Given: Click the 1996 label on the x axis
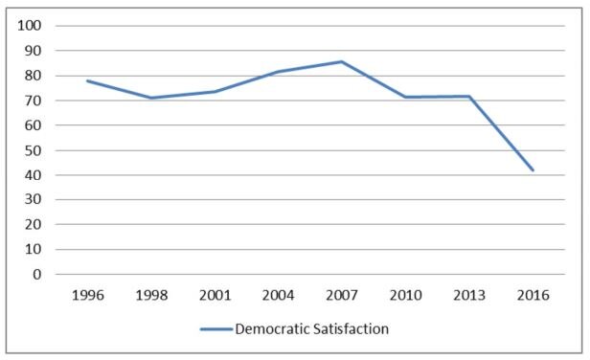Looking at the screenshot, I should (87, 296).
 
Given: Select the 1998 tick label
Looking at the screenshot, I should (150, 296).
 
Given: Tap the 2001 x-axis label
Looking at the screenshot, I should (214, 296).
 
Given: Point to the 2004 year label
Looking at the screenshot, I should (278, 296).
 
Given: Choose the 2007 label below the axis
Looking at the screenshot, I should (341, 296).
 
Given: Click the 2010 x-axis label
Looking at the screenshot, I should (405, 296).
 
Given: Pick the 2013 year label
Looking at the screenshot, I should (468, 296).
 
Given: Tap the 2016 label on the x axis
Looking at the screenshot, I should (532, 296).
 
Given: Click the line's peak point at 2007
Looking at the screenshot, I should (341, 61).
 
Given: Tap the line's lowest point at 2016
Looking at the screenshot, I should (533, 170).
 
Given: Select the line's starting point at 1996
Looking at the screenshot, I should (87, 80).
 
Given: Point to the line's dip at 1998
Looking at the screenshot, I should (150, 98).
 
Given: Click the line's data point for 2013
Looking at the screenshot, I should (468, 96).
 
